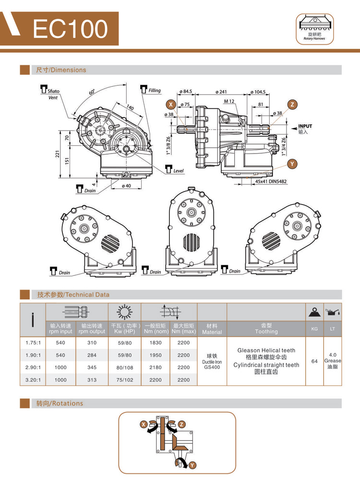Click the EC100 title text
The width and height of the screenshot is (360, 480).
(x=70, y=29)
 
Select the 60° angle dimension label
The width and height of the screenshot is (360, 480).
(x=92, y=91)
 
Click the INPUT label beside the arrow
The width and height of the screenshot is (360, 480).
(x=305, y=126)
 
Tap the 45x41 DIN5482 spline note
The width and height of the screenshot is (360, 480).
(x=271, y=181)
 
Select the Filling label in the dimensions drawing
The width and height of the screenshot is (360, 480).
(x=155, y=90)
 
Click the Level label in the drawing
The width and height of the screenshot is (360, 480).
(x=179, y=170)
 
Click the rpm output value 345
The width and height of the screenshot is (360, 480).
(x=92, y=367)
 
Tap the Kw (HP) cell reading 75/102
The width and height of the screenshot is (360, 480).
(x=125, y=380)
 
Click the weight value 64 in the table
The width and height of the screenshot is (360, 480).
(x=315, y=361)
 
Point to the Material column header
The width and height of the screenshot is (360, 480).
(x=212, y=332)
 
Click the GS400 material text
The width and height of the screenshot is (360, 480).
(x=212, y=367)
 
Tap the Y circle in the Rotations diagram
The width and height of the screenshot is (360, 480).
(x=192, y=465)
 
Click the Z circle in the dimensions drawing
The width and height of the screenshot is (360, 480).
(x=292, y=105)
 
